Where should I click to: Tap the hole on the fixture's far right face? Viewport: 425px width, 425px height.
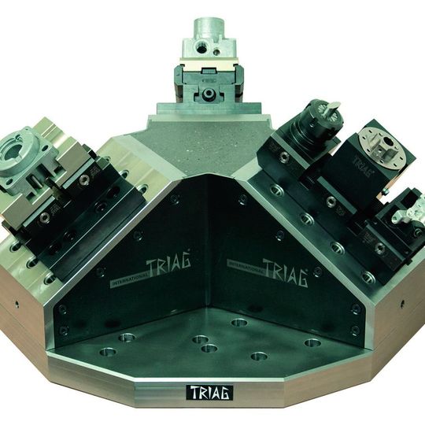click(x=402, y=302)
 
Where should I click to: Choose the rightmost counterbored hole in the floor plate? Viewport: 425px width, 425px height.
click(x=312, y=343)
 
